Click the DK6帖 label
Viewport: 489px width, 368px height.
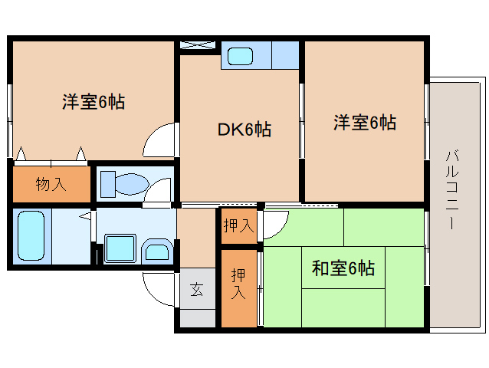click(x=244, y=129)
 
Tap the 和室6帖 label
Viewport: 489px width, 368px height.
click(x=343, y=268)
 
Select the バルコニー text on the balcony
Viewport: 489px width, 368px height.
click(x=452, y=190)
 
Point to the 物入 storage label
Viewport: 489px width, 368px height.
click(x=51, y=184)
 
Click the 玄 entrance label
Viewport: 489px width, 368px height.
click(x=197, y=289)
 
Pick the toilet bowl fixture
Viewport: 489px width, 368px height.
click(x=125, y=184)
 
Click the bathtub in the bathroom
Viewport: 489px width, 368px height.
click(x=31, y=236)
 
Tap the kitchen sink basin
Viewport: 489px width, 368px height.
click(x=240, y=56)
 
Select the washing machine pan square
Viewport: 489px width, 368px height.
click(x=120, y=248)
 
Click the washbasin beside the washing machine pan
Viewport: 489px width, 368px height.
click(x=157, y=250)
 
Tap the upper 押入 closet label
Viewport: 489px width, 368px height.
click(x=239, y=225)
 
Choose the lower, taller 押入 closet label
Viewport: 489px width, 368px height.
click(x=238, y=284)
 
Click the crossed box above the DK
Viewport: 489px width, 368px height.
click(x=198, y=45)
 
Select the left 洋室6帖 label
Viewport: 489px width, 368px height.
click(x=94, y=102)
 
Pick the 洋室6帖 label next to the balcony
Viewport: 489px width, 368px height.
click(x=365, y=122)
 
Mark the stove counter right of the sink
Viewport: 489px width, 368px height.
click(x=285, y=55)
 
